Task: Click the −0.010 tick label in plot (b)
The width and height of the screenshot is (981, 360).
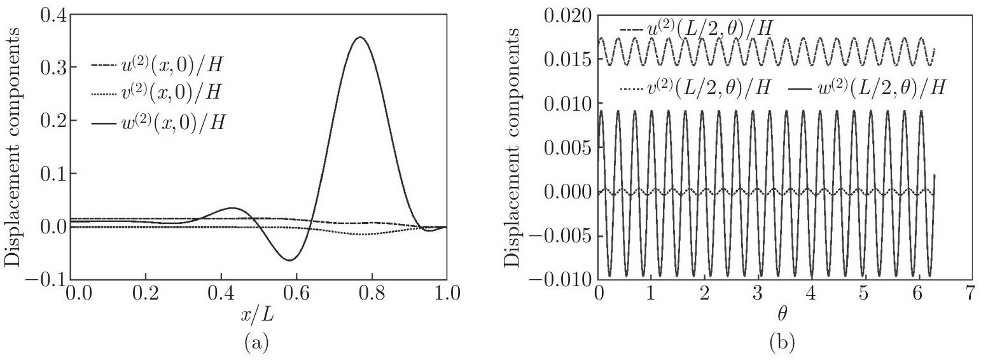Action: (x=560, y=280)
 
